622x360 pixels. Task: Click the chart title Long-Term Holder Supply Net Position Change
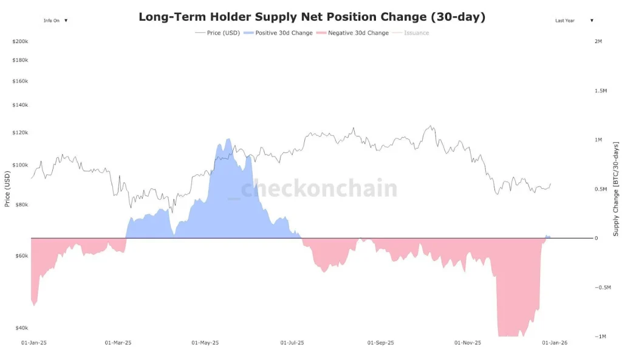pos(312,17)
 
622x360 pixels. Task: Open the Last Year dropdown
pos(574,21)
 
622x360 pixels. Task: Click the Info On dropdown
pos(55,21)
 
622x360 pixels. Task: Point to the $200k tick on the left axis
pos(20,41)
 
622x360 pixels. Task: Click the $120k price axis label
pos(20,132)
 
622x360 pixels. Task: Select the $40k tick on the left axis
pos(21,328)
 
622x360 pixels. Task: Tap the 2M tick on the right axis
pos(598,41)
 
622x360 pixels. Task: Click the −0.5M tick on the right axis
pos(602,287)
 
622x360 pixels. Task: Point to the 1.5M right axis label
pos(600,90)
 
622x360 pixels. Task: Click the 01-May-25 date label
pos(205,343)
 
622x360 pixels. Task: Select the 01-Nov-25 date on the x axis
pos(468,343)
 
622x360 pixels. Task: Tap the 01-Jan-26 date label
pos(554,343)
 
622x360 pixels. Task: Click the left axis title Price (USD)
pos(7,188)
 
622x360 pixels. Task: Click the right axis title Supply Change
pos(615,189)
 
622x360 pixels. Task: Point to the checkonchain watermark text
pos(319,189)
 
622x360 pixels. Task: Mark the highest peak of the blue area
pos(228,139)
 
